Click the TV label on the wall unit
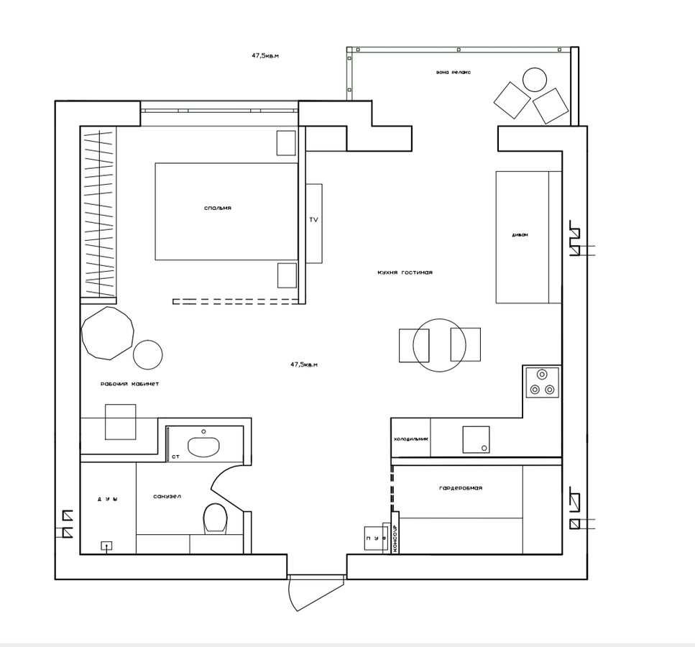click(x=313, y=220)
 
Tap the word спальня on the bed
click(x=218, y=208)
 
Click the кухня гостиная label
click(x=405, y=272)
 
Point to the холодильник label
click(x=410, y=439)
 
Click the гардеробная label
click(x=460, y=488)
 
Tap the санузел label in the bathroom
click(x=167, y=497)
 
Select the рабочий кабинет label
click(x=130, y=384)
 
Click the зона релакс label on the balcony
click(x=453, y=72)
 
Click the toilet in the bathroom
click(x=215, y=518)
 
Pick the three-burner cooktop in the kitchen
click(x=542, y=382)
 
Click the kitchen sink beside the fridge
click(x=476, y=439)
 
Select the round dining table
click(x=440, y=345)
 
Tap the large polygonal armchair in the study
click(x=108, y=333)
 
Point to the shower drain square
click(x=106, y=546)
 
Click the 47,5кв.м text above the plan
click(x=264, y=55)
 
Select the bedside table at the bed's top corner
click(x=286, y=142)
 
